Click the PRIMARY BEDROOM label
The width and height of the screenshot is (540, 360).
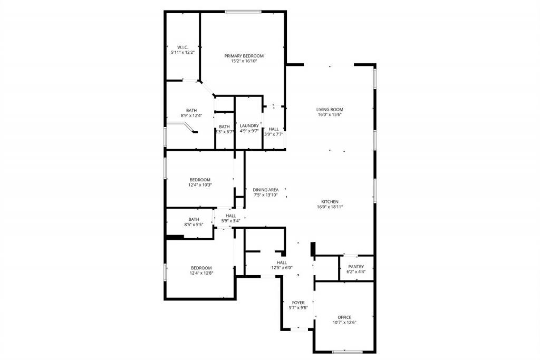coord(244,56)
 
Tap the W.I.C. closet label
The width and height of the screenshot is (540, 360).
coord(182,47)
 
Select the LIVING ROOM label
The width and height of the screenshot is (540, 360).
coord(330,110)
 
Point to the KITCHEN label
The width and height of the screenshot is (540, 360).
coord(330,201)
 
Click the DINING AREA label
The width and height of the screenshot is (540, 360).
coord(265,190)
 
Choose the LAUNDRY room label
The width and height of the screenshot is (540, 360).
coord(249,125)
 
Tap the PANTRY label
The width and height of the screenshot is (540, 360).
coord(356,267)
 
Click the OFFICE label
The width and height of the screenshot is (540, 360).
coord(344,317)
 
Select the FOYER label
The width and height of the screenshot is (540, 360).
coord(297,303)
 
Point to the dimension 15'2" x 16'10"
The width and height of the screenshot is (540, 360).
coord(244,61)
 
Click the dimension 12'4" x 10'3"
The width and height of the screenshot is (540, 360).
coord(200,185)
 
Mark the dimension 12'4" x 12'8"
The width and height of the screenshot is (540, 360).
coord(201,273)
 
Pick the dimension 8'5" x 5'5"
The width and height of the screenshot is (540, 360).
coord(194,225)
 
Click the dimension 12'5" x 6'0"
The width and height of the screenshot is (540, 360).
coord(282,268)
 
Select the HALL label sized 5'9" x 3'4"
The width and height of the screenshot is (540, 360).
coord(230,216)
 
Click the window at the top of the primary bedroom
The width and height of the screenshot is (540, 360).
coord(243,12)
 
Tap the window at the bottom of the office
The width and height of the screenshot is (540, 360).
coord(347,352)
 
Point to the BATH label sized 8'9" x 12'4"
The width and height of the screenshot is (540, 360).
coord(191,110)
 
